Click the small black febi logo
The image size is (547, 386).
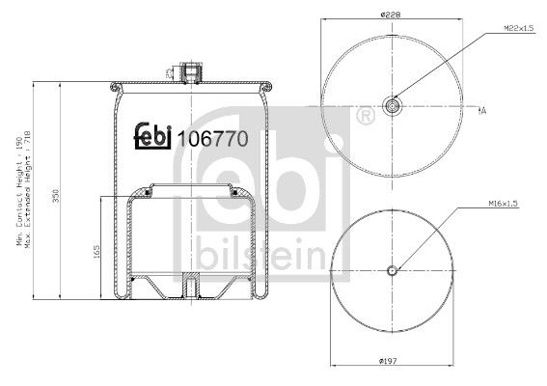151,138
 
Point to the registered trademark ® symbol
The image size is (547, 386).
365,118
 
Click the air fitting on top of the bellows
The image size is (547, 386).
192,72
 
